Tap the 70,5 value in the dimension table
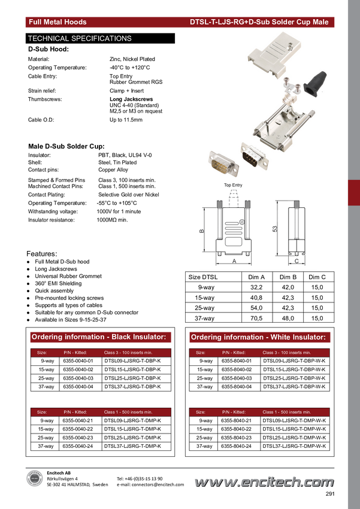click(256, 318)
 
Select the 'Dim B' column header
click(288, 277)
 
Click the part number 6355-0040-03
click(78, 378)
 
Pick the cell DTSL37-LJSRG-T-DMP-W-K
click(295, 446)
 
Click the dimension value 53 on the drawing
click(275, 229)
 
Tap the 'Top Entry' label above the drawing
click(233, 185)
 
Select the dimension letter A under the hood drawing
click(234, 261)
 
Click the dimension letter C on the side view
click(297, 261)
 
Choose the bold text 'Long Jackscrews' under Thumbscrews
click(131, 99)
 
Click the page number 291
click(330, 494)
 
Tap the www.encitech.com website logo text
click(264, 483)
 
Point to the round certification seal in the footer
click(34, 480)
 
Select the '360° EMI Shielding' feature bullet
click(59, 283)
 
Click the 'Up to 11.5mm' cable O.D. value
click(126, 120)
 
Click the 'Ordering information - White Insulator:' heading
click(258, 337)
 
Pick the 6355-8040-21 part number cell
click(237, 420)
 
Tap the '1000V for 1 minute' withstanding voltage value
click(119, 211)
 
